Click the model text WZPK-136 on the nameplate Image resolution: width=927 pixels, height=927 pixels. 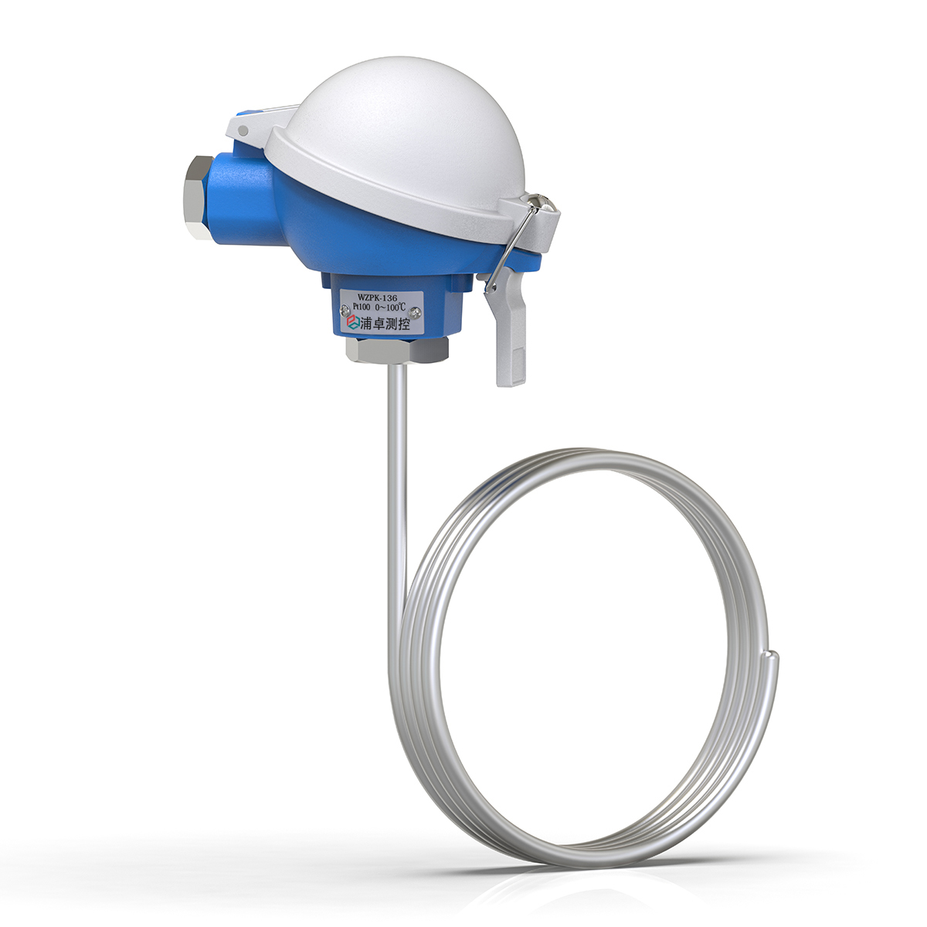pyautogui.click(x=380, y=295)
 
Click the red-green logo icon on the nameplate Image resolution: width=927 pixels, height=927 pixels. pyautogui.click(x=351, y=326)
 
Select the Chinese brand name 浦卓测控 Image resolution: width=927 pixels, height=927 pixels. pyautogui.click(x=385, y=325)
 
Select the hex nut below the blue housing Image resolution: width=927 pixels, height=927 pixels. pyautogui.click(x=396, y=350)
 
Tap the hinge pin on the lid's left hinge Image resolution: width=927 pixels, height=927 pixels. pyautogui.click(x=244, y=131)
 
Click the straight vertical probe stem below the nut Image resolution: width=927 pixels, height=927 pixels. pyautogui.click(x=394, y=463)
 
